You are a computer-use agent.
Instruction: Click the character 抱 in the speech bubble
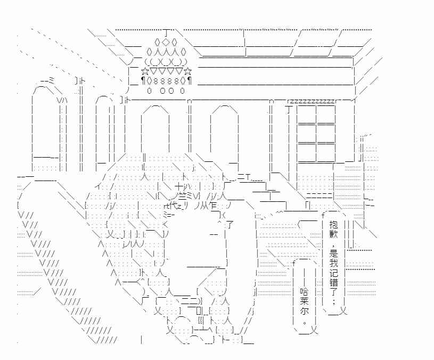333,224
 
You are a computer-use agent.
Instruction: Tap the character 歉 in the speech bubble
333,234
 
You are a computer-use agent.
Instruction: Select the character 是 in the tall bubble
333,252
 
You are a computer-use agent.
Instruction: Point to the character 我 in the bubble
333,263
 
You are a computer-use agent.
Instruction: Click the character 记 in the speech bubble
333,272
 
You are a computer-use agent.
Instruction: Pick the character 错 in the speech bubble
333,282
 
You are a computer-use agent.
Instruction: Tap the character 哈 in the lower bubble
304,291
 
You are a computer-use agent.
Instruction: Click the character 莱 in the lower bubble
304,301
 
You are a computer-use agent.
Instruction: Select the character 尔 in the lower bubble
304,311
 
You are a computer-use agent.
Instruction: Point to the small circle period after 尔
305,322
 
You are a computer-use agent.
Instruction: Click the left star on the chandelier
145,72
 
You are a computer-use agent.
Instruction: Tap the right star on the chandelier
187,72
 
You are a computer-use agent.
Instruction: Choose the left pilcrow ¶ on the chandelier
143,81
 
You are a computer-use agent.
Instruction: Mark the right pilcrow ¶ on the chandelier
190,81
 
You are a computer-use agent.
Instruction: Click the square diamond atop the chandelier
166,42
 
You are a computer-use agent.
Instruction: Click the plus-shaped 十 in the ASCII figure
179,186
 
